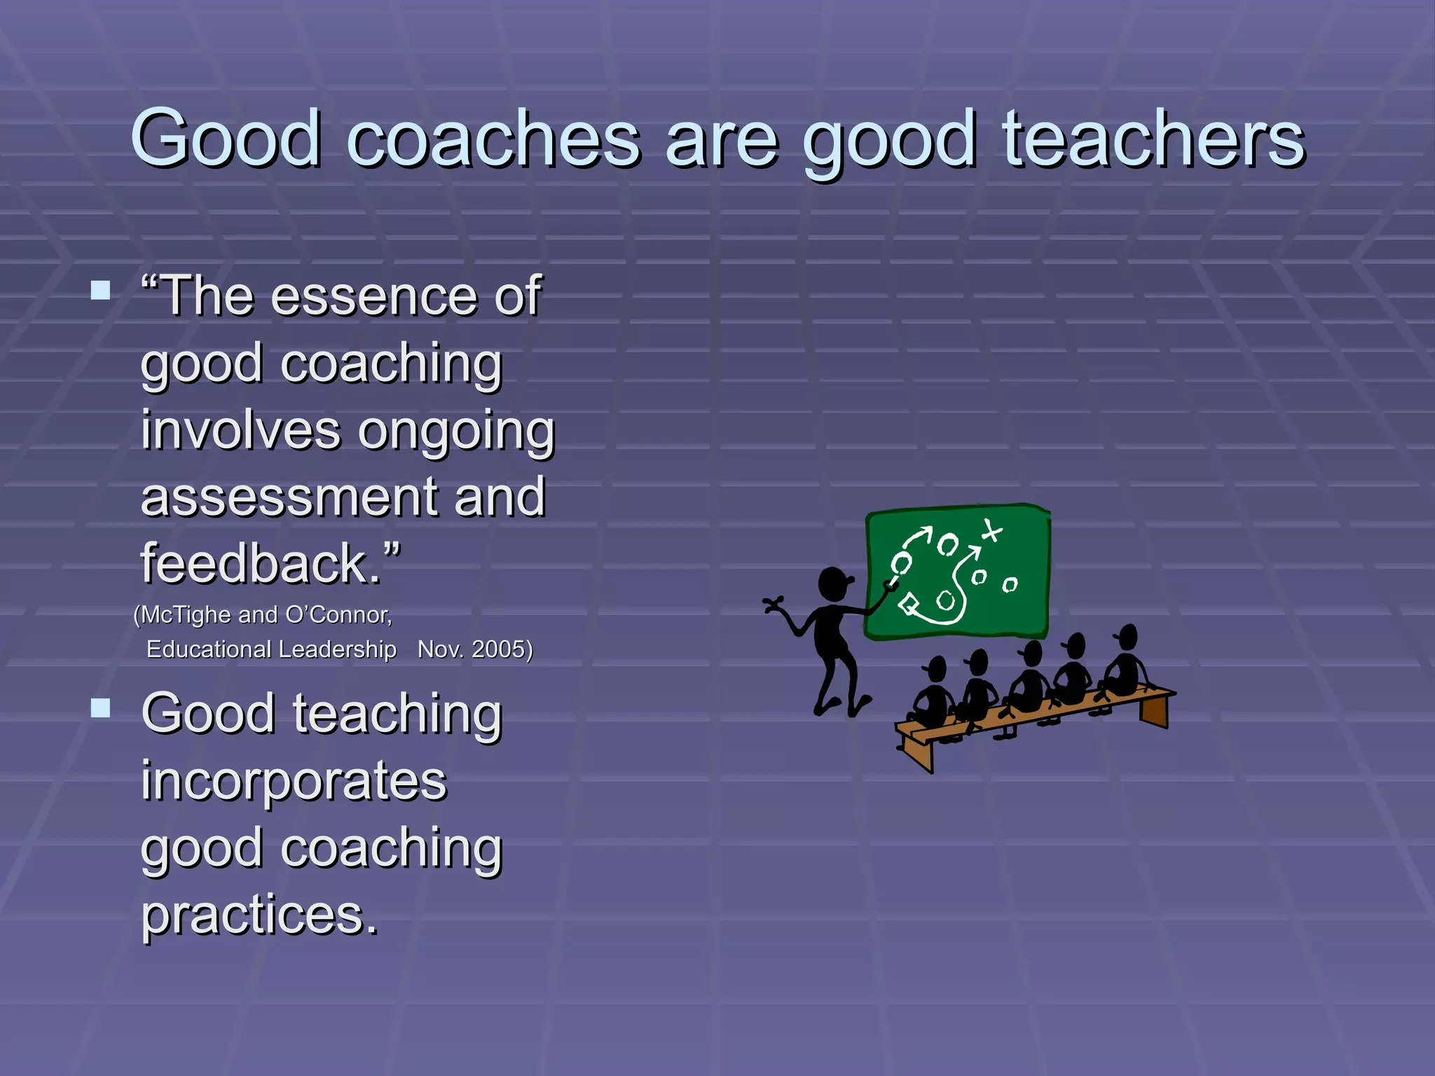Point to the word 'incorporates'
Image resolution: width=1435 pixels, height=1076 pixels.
pos(294,780)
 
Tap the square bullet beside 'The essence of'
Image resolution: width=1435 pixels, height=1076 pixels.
pos(101,290)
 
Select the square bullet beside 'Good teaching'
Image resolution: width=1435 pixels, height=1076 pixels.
pos(101,708)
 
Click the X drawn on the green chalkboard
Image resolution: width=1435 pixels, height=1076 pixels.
pos(991,531)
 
